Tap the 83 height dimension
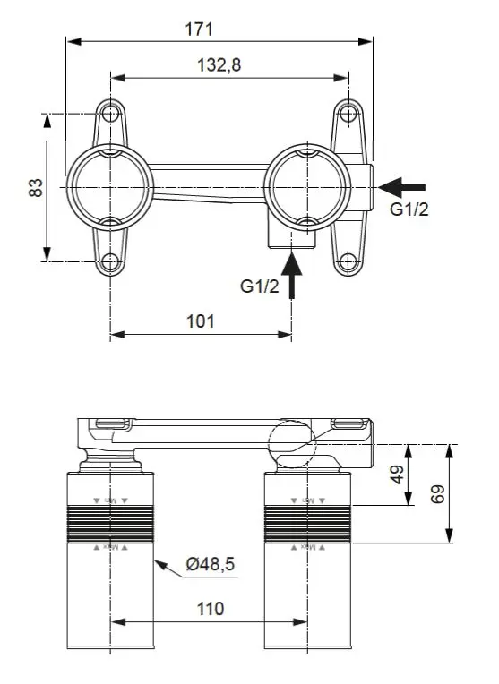coord(36,187)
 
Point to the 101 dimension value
coord(200,321)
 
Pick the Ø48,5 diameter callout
coord(211,563)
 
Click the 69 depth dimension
coord(437,494)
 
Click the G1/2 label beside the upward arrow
coord(260,286)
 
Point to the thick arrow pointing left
coord(401,186)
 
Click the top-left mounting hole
coord(110,115)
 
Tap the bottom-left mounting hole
coord(110,261)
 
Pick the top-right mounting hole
coord(348,115)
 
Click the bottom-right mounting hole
coord(348,261)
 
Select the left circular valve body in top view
coord(110,187)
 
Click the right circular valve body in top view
coord(305,187)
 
